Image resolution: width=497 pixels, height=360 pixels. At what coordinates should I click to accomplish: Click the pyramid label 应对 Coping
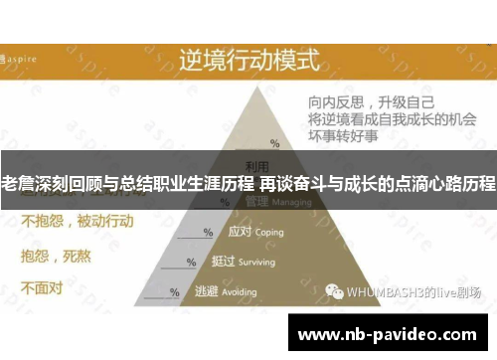click(x=255, y=232)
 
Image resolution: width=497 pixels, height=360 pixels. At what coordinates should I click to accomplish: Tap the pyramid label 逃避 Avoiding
click(x=233, y=292)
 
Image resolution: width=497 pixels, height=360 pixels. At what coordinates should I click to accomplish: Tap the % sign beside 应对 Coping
click(x=208, y=233)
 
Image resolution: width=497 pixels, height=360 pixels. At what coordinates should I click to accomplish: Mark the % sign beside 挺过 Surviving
click(x=191, y=264)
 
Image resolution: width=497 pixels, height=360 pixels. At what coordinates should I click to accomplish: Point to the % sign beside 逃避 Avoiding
click(x=175, y=293)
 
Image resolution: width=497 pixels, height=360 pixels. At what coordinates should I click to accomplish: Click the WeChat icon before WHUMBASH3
click(x=336, y=292)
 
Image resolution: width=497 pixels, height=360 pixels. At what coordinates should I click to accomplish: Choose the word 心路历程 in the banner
click(x=460, y=185)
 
